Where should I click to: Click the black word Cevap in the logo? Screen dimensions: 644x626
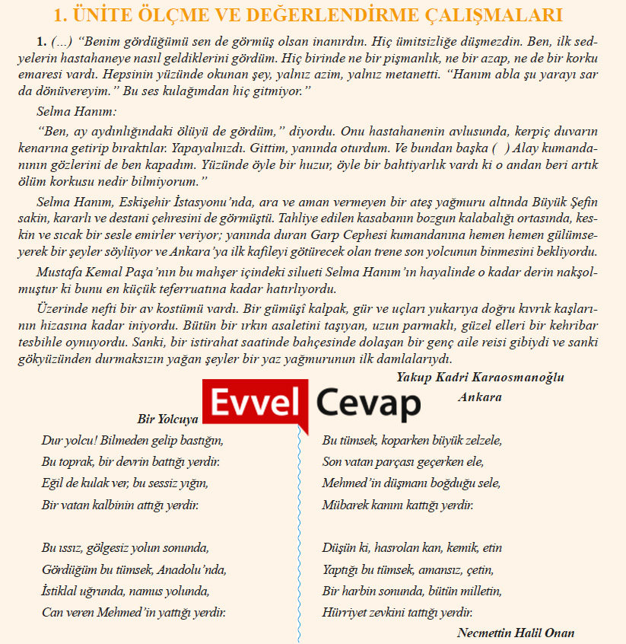click(x=368, y=403)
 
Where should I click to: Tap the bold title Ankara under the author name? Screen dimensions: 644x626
click(x=480, y=397)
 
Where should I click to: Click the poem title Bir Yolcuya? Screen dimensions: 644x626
click(x=167, y=419)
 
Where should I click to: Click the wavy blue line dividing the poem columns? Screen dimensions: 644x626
click(x=299, y=533)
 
